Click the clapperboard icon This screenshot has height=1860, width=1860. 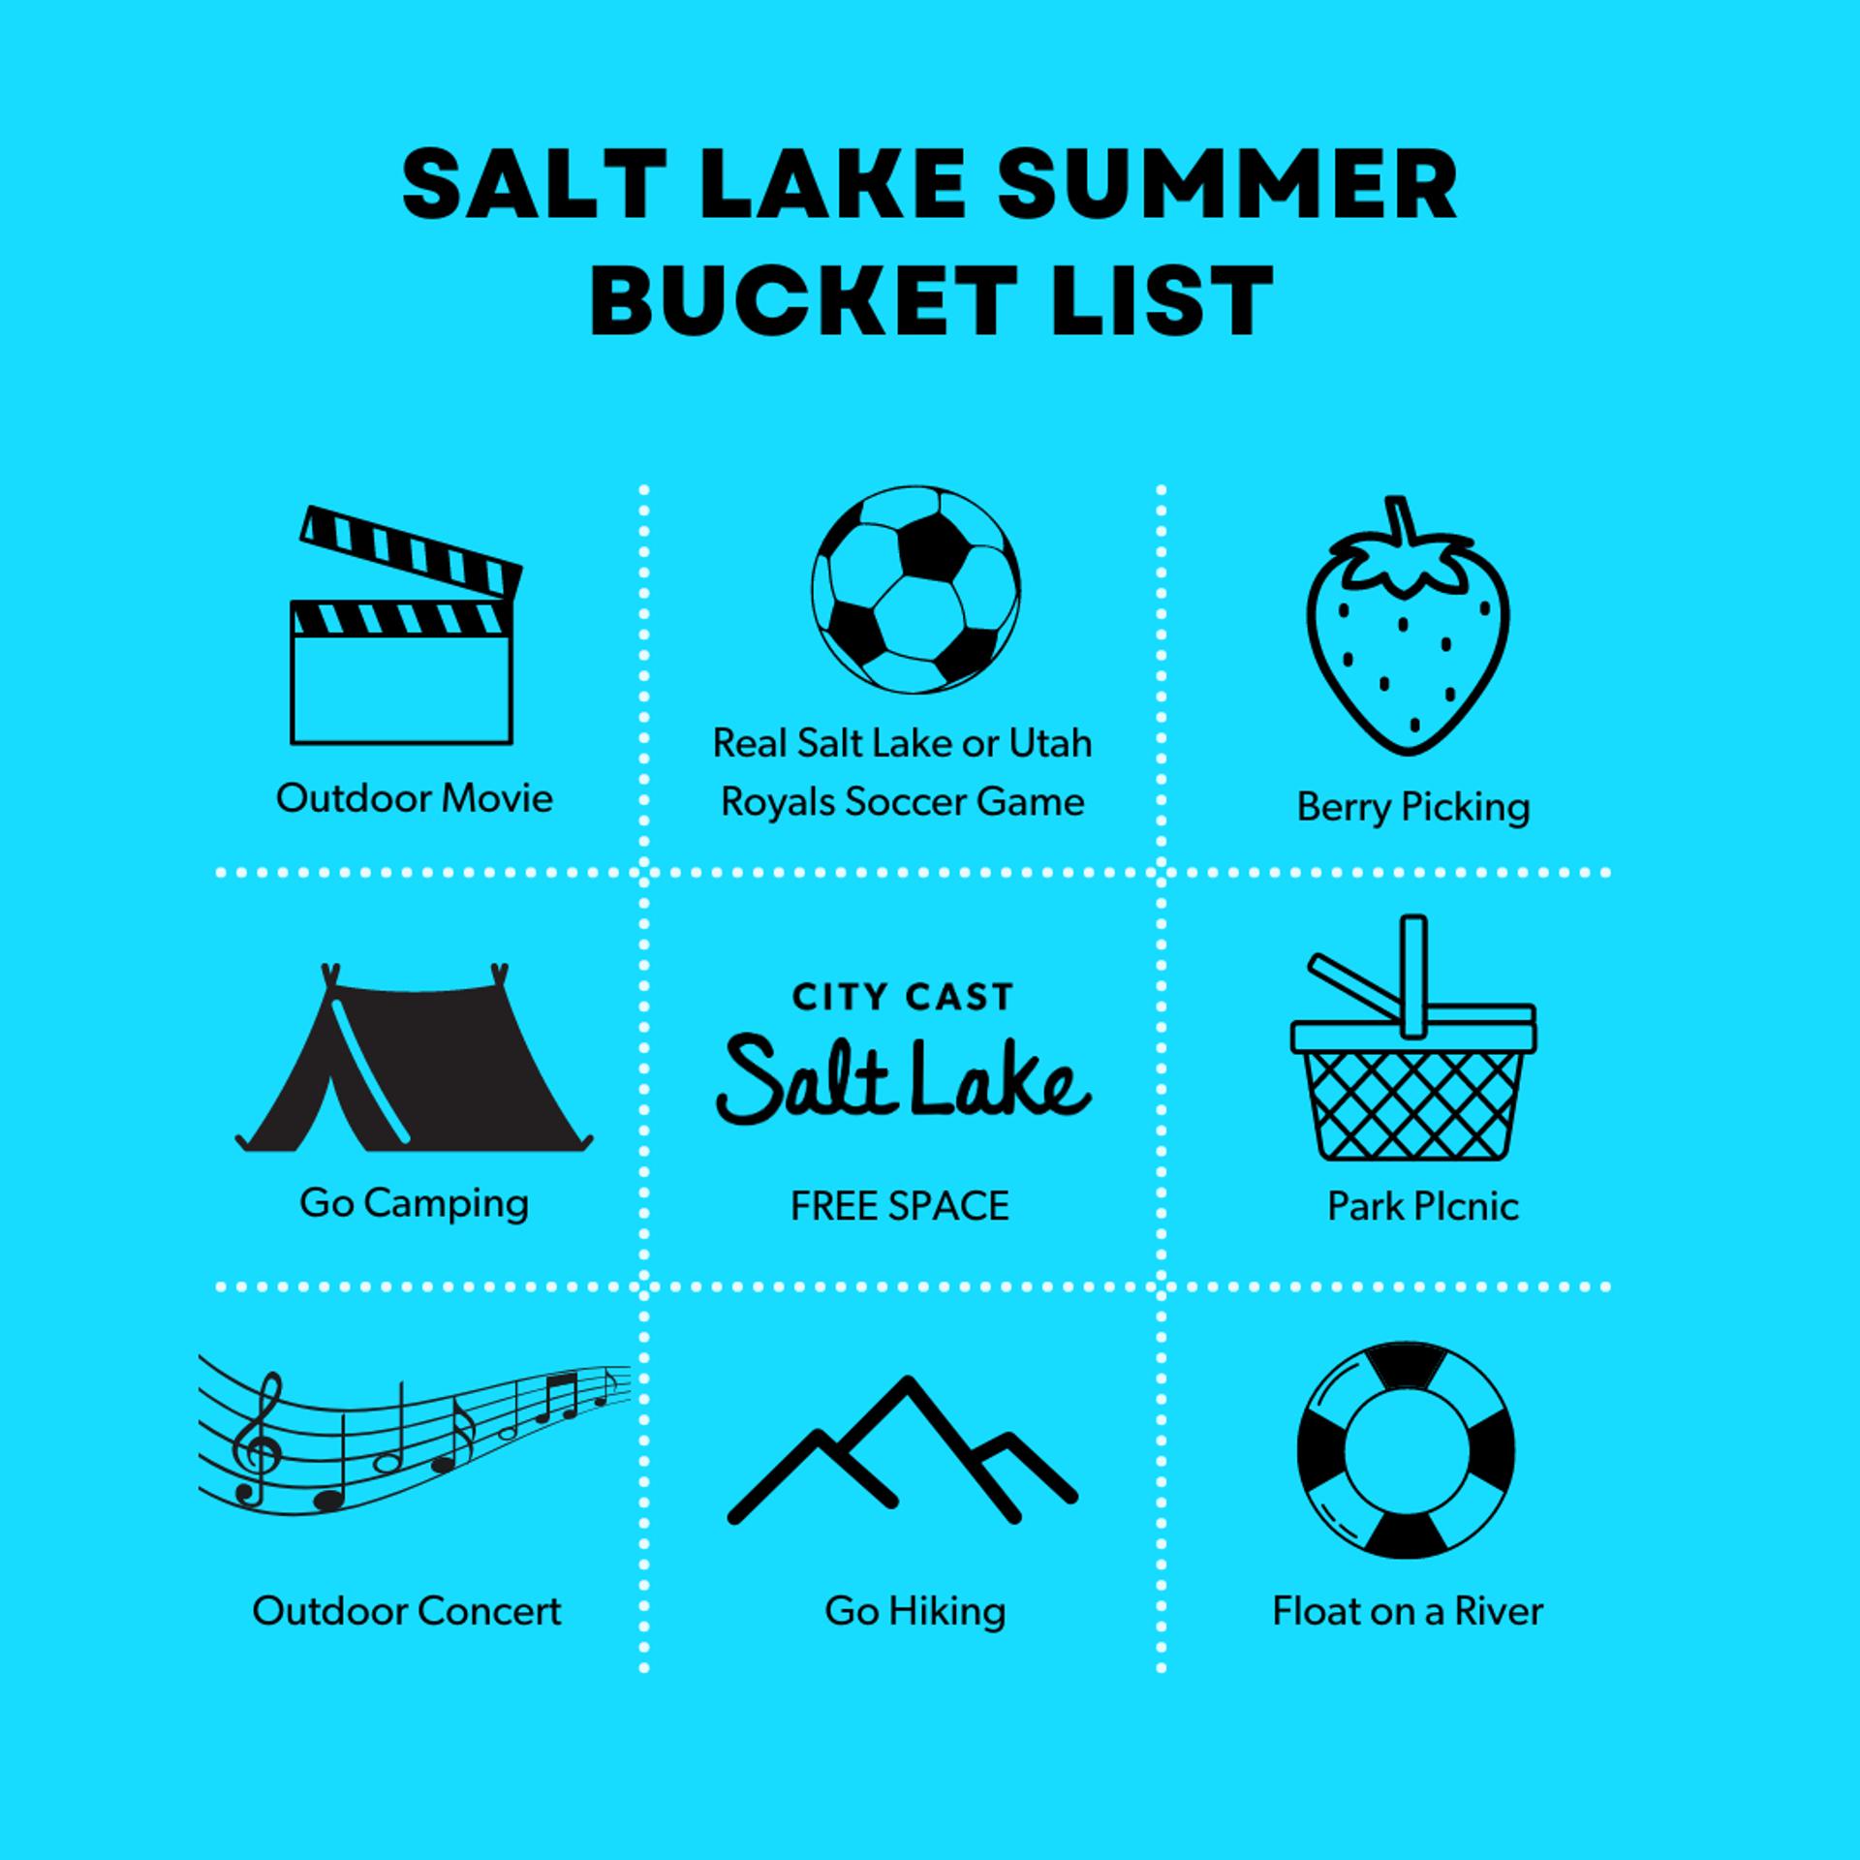coord(402,639)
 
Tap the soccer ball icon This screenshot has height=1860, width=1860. coord(915,589)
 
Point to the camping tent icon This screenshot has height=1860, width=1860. coord(414,1066)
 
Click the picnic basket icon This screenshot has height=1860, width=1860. coord(1413,1056)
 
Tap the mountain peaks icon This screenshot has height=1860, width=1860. coord(903,1453)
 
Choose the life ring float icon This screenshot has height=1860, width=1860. coord(1405,1450)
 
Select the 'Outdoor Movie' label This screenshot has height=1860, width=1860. coord(415,798)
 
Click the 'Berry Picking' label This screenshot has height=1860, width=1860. coord(1413,807)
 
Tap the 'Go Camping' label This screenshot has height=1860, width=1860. coord(415,1204)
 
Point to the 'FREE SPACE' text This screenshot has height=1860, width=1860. coord(900,1206)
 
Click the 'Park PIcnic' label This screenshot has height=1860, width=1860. coord(1422,1206)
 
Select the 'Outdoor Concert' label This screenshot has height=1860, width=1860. coord(407,1611)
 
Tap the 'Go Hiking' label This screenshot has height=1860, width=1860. coord(915,1612)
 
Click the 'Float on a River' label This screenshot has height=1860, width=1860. coord(1408,1611)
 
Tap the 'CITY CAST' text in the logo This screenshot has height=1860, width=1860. coord(903,997)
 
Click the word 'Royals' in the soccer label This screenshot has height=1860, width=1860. coord(777,803)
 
